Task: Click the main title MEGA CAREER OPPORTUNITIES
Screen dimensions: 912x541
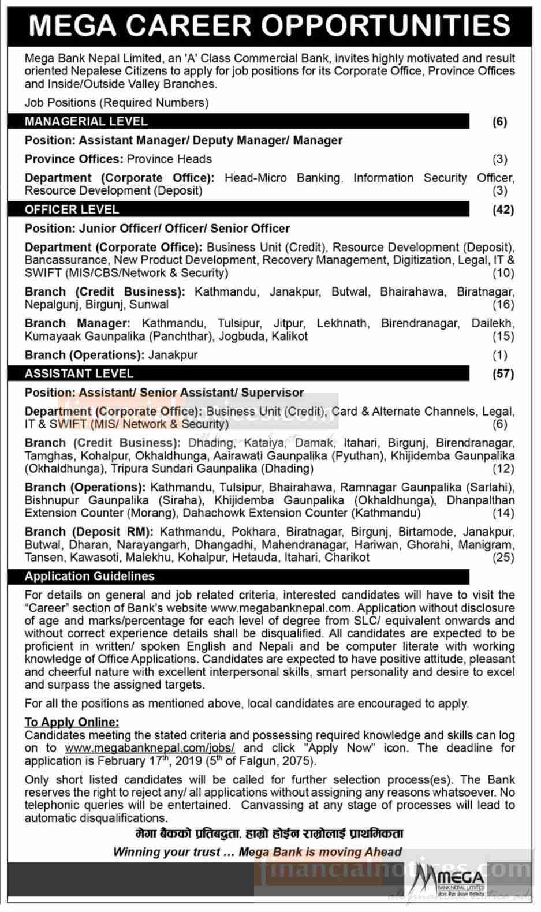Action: [270, 25]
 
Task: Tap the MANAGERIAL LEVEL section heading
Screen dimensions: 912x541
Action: [86, 121]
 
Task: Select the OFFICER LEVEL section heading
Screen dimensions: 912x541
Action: [72, 210]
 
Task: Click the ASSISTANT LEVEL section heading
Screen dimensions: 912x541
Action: [79, 373]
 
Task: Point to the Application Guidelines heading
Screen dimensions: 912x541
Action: [89, 576]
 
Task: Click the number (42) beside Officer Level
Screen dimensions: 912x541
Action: [502, 210]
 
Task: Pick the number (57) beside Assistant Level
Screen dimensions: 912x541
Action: [502, 373]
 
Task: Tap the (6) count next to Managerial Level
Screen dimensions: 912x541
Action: [500, 121]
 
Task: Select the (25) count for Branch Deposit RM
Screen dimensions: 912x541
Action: [503, 558]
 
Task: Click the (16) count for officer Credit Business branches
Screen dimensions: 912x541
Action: [503, 304]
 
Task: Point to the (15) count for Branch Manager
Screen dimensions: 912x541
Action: [503, 336]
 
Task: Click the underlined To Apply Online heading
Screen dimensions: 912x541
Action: [72, 722]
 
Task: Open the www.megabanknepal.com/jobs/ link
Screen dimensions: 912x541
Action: [150, 748]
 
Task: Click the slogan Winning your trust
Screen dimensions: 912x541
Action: [257, 852]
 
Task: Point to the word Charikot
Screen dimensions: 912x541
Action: [347, 558]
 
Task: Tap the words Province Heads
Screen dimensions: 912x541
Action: [169, 159]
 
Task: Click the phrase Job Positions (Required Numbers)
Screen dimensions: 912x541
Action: [116, 103]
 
